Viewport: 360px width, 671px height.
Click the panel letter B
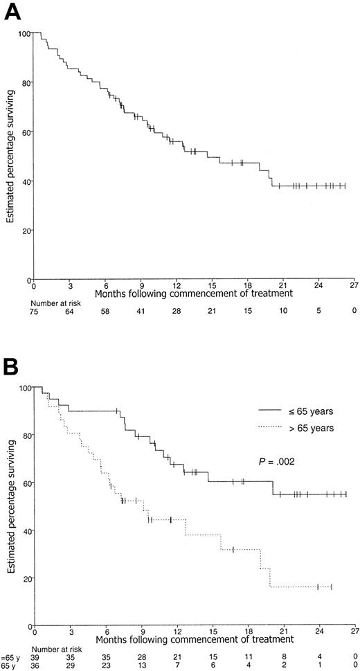point(12,363)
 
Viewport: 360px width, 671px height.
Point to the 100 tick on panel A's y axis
point(23,33)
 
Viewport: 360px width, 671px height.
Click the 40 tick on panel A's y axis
point(25,182)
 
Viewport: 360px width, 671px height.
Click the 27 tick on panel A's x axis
point(353,285)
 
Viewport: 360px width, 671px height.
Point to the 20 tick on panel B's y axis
point(25,578)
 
